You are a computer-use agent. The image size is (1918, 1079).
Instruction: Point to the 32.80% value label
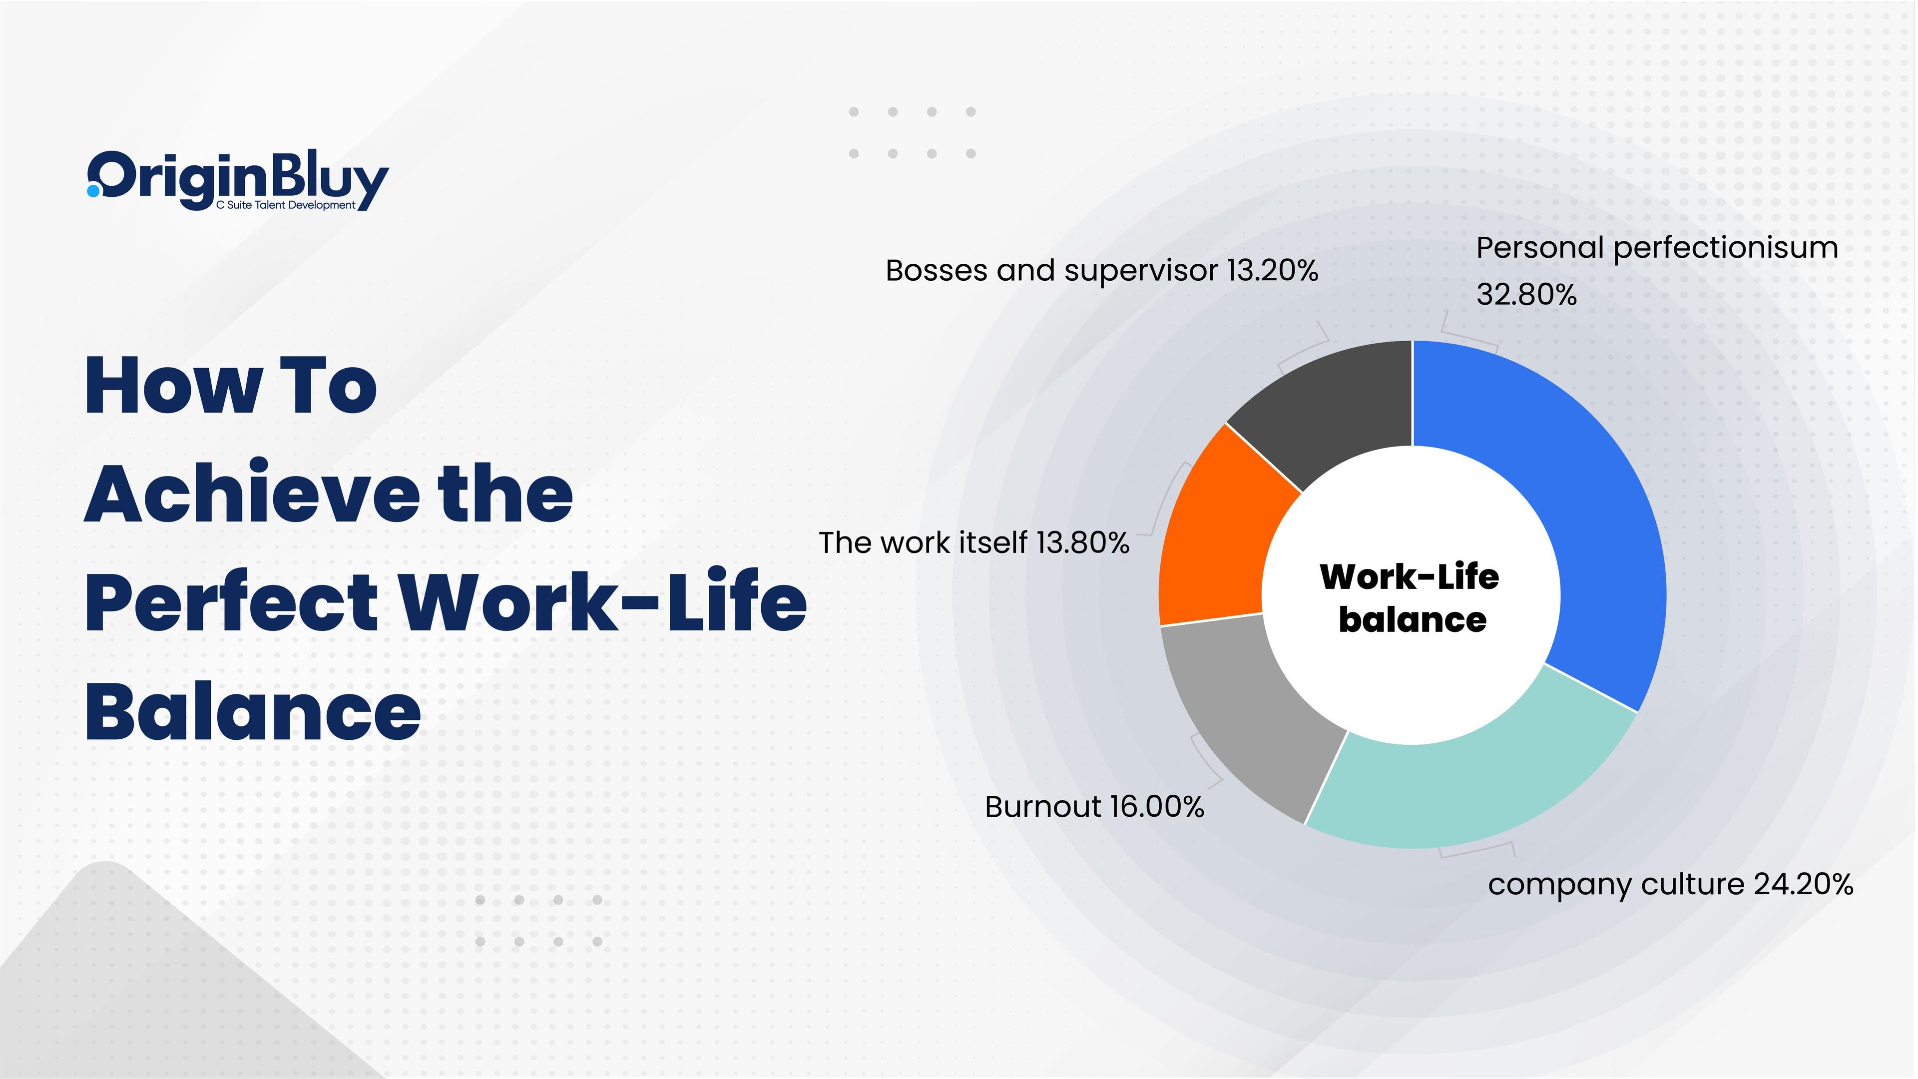point(1526,295)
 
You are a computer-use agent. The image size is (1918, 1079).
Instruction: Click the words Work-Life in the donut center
point(1410,577)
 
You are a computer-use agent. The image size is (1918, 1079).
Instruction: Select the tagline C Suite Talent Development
point(286,205)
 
